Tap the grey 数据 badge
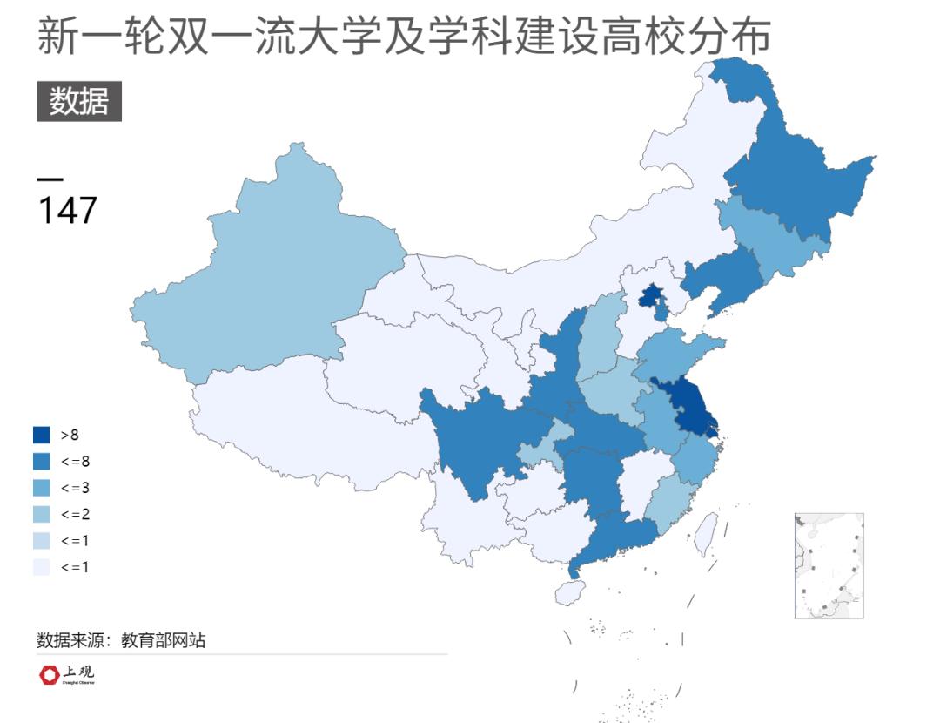coord(78,102)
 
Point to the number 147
coord(67,210)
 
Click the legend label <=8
coord(75,461)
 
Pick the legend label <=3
coord(75,487)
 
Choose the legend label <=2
coord(75,514)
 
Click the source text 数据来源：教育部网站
coord(121,640)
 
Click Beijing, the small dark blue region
coord(648,298)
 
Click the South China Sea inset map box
coord(829,566)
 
